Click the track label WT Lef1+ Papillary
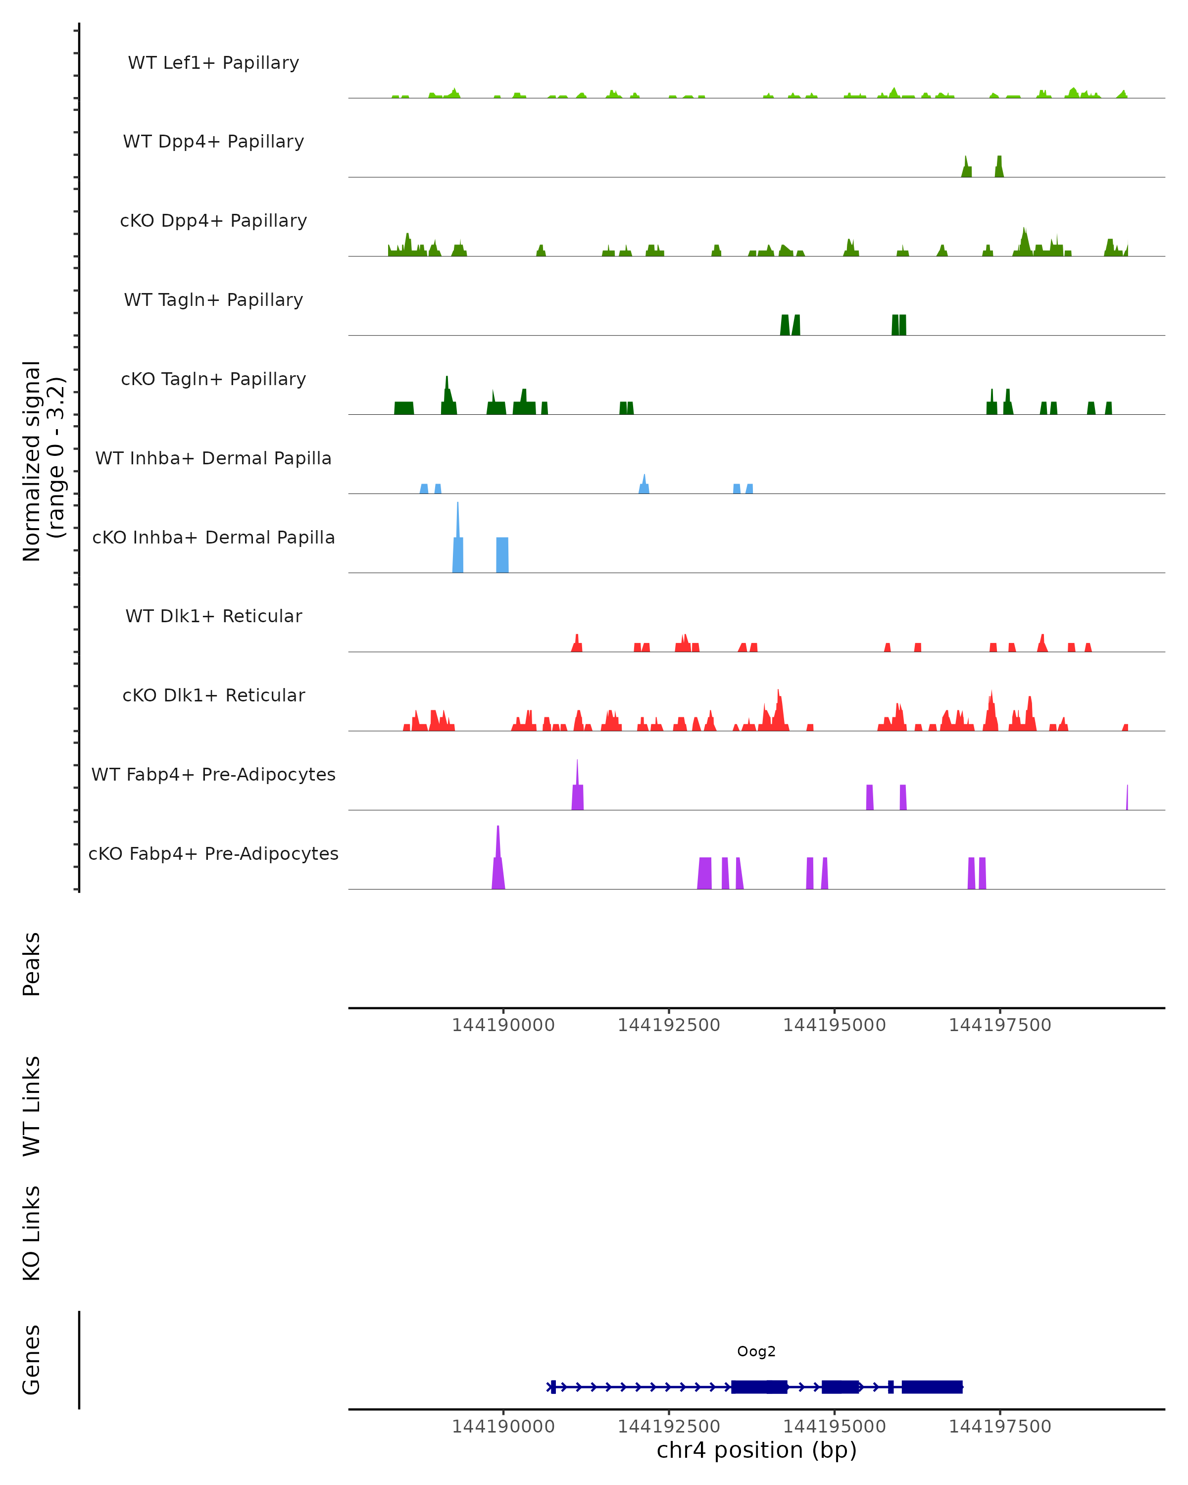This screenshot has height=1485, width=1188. (x=213, y=63)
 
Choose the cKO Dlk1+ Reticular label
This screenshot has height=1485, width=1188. (x=213, y=695)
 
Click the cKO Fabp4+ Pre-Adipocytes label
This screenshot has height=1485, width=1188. (x=213, y=853)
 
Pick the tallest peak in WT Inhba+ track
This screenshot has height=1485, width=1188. (x=644, y=477)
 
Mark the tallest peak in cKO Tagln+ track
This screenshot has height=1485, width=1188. (x=447, y=379)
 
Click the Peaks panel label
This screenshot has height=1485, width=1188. (x=32, y=964)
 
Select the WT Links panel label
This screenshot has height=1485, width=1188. (x=32, y=1105)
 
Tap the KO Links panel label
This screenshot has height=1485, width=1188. (x=32, y=1233)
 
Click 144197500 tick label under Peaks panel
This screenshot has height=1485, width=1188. (x=999, y=1025)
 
